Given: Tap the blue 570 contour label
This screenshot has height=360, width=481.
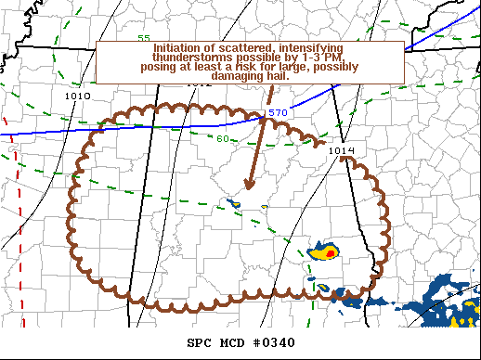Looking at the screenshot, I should coord(278,113).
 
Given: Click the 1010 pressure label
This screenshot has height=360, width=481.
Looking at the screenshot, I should coord(79,96).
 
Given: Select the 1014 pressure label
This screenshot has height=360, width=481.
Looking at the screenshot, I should coord(342,150).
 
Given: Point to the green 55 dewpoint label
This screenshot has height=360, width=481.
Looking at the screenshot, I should coord(144,38).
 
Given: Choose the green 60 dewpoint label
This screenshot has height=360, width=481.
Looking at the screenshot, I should coord(223,139).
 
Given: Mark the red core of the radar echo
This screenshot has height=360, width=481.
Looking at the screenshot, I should coord(331,252).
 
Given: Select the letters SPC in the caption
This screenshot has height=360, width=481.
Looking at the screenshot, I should coord(199,343).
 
